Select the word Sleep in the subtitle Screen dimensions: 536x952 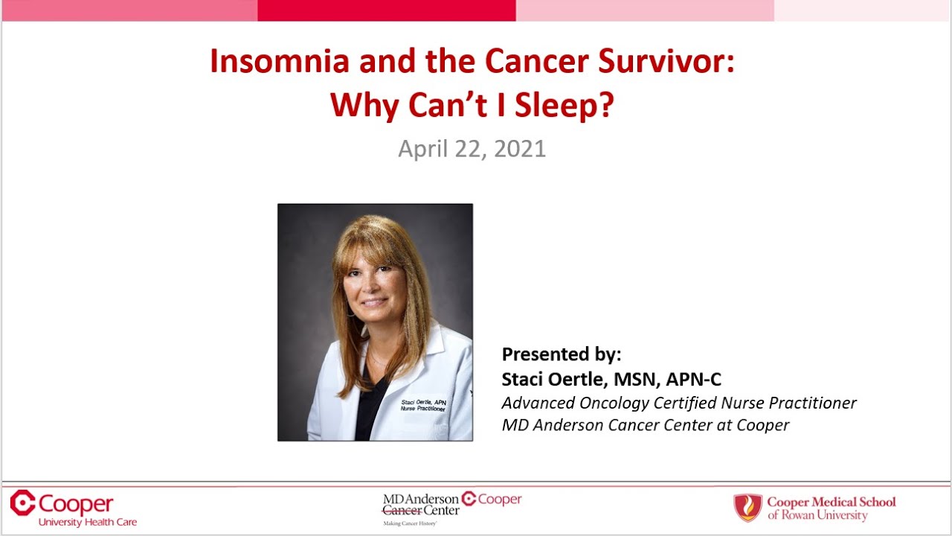pyautogui.click(x=566, y=106)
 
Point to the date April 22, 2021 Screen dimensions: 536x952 pyautogui.click(x=472, y=148)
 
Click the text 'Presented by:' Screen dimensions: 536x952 pyautogui.click(x=561, y=354)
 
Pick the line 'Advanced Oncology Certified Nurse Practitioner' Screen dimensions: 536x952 pyautogui.click(x=678, y=403)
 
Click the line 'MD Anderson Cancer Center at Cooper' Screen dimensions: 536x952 pyautogui.click(x=645, y=425)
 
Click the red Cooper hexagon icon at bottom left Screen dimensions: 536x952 pyautogui.click(x=22, y=502)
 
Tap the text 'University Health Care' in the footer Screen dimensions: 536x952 pyautogui.click(x=88, y=523)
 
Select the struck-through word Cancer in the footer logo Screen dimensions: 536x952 pyautogui.click(x=402, y=511)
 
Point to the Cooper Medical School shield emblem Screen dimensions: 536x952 pyautogui.click(x=747, y=508)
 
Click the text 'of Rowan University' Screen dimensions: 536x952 pyautogui.click(x=817, y=515)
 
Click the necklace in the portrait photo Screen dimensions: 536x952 pyautogui.click(x=379, y=360)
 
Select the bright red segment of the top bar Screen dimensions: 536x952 pyautogui.click(x=387, y=10)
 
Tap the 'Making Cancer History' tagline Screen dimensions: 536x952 pyautogui.click(x=409, y=524)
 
